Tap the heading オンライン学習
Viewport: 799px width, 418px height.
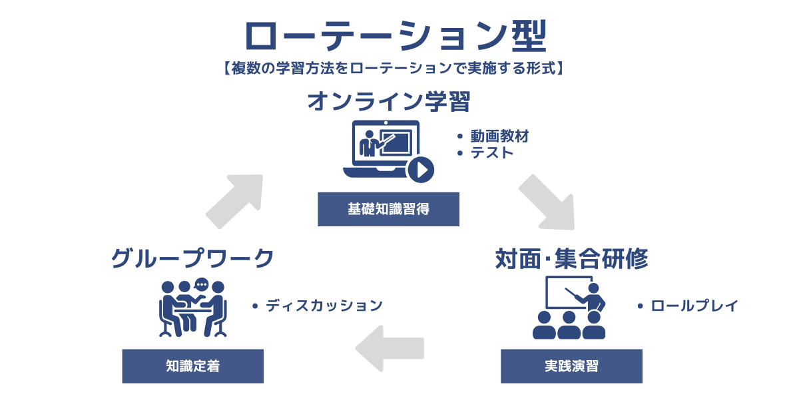coord(389,102)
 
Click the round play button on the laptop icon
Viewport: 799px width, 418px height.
coord(421,170)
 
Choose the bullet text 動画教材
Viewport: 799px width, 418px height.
coord(499,136)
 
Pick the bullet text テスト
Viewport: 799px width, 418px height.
coord(492,153)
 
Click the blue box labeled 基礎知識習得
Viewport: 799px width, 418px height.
coord(388,209)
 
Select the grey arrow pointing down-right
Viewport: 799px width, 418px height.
coord(546,201)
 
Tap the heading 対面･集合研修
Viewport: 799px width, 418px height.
coord(571,259)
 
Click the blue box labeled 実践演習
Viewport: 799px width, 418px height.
coord(571,366)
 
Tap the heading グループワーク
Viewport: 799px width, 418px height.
coord(192,258)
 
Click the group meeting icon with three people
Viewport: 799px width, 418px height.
coord(193,308)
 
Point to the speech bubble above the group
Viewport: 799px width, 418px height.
coord(202,284)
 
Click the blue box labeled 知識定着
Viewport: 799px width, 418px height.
coord(192,366)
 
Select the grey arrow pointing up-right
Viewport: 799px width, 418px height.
coord(234,201)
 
